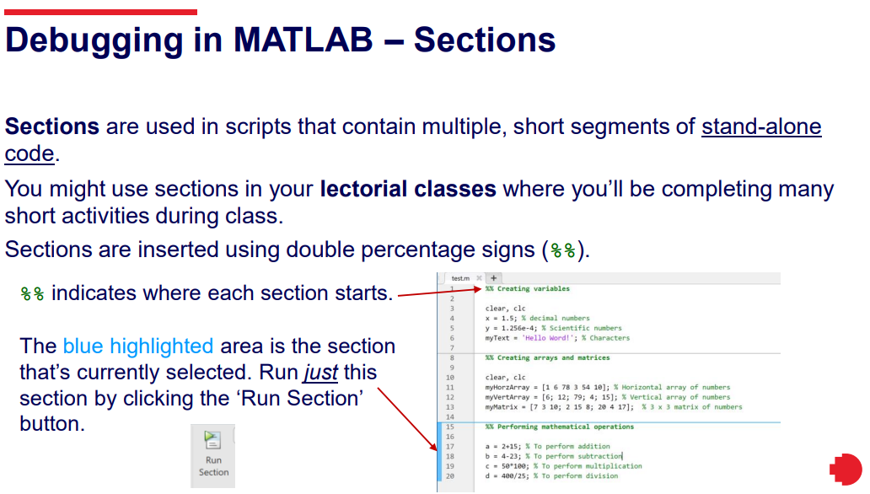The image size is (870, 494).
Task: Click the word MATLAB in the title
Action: tap(303, 40)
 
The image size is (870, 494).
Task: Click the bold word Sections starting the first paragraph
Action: tap(52, 126)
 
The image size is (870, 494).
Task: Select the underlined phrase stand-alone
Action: tap(761, 126)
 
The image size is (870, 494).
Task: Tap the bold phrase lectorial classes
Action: tap(408, 189)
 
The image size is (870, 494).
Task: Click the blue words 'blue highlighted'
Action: tap(138, 346)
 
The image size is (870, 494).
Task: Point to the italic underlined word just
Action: tap(320, 373)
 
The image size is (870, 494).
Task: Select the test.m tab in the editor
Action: tap(460, 278)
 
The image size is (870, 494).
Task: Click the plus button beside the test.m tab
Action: tap(493, 277)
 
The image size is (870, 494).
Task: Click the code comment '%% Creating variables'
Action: tap(527, 288)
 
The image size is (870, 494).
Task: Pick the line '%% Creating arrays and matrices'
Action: tap(547, 357)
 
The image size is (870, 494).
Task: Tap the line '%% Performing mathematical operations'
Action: tap(559, 427)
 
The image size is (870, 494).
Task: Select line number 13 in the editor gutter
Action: tap(449, 407)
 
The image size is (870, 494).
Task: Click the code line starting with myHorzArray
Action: tap(608, 387)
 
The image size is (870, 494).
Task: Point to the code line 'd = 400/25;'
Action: tap(551, 475)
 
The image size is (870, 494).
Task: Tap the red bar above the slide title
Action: tap(101, 12)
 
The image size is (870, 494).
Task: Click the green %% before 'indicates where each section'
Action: tap(32, 293)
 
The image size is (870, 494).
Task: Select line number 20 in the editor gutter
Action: tap(449, 475)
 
